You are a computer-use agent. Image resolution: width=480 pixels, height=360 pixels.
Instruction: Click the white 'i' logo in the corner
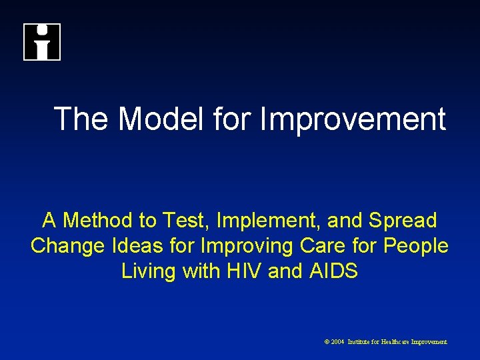pyautogui.click(x=42, y=42)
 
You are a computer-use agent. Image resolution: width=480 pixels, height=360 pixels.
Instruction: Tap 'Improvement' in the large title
pyautogui.click(x=353, y=119)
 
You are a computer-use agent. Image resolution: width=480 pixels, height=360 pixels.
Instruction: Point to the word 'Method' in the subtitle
pyautogui.click(x=93, y=219)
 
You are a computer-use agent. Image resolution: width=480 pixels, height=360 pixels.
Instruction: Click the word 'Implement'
pyautogui.click(x=255, y=219)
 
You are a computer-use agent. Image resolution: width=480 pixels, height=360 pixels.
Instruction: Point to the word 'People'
pyautogui.click(x=416, y=245)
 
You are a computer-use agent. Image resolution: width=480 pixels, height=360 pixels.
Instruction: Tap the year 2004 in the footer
pyautogui.click(x=337, y=341)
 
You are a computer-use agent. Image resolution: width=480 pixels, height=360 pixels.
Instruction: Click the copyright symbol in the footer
pyautogui.click(x=327, y=341)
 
